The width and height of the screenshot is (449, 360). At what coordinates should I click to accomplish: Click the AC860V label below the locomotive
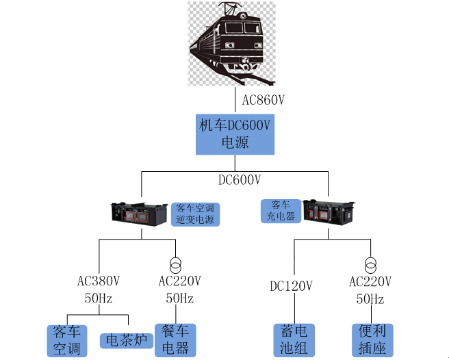[x=264, y=100]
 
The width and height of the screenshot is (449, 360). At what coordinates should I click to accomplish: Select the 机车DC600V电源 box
[x=235, y=134]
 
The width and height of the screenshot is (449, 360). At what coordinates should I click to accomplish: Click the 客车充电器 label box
[x=281, y=210]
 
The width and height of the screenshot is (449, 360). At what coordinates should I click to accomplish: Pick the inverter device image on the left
[x=140, y=214]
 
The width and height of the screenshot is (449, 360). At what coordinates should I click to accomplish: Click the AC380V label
[x=99, y=281]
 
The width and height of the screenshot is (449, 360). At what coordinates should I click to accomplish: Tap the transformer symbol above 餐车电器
[x=176, y=264]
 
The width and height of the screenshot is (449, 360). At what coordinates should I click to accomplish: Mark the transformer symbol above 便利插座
[x=371, y=264]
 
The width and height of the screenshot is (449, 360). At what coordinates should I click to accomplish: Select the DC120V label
[x=291, y=286]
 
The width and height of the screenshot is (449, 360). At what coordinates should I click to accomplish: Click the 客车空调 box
[x=67, y=340]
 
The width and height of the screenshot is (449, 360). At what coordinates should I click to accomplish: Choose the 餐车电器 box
[x=175, y=340]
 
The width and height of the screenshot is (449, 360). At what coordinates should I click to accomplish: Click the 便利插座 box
[x=372, y=340]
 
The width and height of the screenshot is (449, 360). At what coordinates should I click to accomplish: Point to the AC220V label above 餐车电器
[x=180, y=281]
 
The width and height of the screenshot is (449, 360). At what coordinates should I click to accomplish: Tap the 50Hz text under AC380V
[x=98, y=299]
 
